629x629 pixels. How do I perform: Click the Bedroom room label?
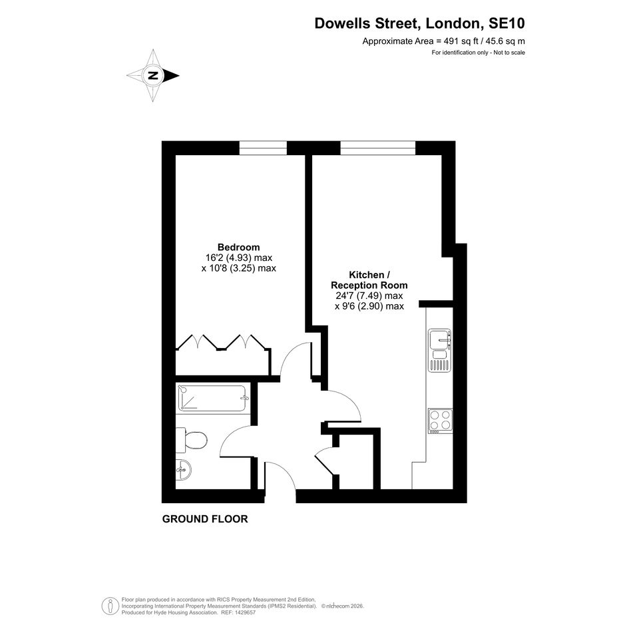pyautogui.click(x=239, y=247)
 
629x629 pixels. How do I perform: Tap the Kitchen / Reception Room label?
pyautogui.click(x=369, y=280)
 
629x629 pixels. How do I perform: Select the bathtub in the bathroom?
pyautogui.click(x=212, y=398)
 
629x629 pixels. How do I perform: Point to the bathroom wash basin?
pyautogui.click(x=183, y=469)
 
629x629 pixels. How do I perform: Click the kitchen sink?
pyautogui.click(x=440, y=350)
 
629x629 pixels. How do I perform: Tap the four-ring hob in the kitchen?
pyautogui.click(x=441, y=421)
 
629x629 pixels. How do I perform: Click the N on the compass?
pyautogui.click(x=152, y=75)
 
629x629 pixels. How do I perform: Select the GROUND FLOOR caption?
pyautogui.click(x=205, y=519)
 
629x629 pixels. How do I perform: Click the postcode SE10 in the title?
pyautogui.click(x=507, y=23)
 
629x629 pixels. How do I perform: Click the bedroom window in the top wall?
pyautogui.click(x=263, y=148)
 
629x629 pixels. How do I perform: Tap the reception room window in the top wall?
pyautogui.click(x=378, y=148)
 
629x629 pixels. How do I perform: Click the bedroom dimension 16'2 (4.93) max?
pyautogui.click(x=239, y=258)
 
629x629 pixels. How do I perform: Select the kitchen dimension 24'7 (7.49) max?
pyautogui.click(x=369, y=296)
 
